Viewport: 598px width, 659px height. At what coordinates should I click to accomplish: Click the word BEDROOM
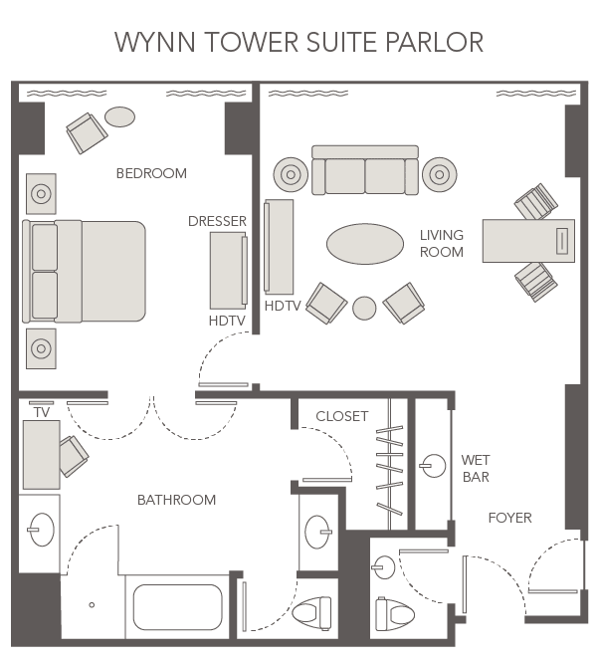click(x=151, y=173)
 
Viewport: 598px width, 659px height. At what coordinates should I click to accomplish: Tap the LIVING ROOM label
click(x=441, y=244)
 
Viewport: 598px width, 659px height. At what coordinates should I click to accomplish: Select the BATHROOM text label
click(x=176, y=500)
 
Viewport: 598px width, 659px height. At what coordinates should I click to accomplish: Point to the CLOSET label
click(x=341, y=416)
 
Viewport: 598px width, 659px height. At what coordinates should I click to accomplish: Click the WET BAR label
click(x=475, y=469)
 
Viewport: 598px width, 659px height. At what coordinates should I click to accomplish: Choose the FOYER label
click(x=509, y=518)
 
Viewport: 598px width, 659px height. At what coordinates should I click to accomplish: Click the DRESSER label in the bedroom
click(x=217, y=221)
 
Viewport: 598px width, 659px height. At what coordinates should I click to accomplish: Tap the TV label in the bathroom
click(x=41, y=412)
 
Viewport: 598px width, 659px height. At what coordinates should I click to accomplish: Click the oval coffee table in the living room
click(x=365, y=243)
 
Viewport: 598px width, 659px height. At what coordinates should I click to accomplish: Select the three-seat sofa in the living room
click(x=365, y=171)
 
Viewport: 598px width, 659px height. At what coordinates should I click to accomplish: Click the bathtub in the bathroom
click(x=177, y=607)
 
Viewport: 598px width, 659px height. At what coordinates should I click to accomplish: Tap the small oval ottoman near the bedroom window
click(x=120, y=116)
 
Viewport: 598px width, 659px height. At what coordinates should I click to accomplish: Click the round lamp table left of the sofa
click(x=291, y=175)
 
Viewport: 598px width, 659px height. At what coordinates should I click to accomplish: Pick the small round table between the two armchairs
click(x=365, y=308)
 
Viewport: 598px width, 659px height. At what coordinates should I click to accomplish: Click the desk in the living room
click(x=527, y=241)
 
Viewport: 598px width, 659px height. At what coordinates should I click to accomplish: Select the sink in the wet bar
click(x=432, y=463)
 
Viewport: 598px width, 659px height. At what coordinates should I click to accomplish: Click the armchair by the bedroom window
click(x=86, y=131)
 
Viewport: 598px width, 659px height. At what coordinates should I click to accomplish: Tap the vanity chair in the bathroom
click(x=73, y=456)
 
